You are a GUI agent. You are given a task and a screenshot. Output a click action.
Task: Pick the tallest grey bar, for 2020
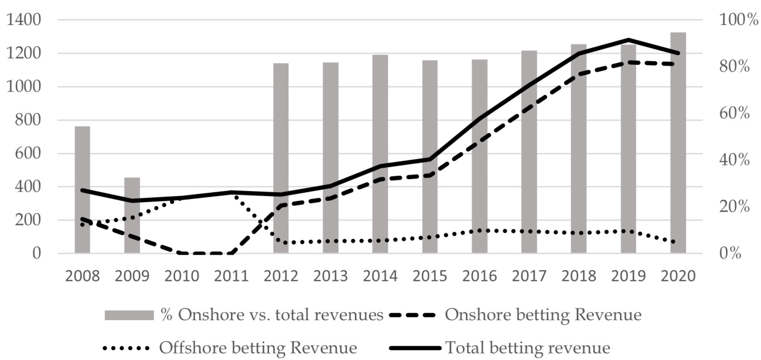click(678, 142)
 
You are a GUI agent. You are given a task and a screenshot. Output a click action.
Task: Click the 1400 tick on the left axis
click(23, 20)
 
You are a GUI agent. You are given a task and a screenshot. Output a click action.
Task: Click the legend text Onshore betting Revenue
click(543, 315)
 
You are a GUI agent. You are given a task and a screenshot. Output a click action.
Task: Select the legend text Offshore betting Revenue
click(258, 347)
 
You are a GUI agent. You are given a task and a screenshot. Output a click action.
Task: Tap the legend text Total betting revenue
click(528, 347)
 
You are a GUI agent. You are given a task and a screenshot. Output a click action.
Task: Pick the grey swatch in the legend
click(129, 315)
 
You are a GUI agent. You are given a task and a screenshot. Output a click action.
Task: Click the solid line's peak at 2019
click(628, 40)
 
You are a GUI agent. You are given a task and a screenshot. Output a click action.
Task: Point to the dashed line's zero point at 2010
click(182, 253)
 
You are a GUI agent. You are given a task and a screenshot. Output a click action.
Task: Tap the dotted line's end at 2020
click(678, 243)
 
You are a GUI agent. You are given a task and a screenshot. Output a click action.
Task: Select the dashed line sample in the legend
click(413, 315)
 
